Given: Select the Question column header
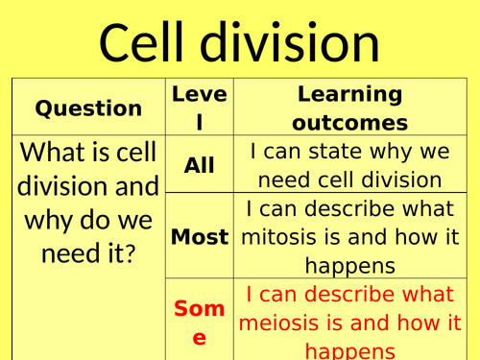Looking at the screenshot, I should click(88, 108).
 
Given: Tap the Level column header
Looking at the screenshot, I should click(199, 108).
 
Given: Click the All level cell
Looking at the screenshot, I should click(199, 164).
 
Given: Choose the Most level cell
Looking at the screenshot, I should click(199, 236).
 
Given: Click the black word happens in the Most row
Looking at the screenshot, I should click(348, 265).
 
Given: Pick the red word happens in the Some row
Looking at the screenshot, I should click(348, 349).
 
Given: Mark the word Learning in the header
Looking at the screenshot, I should click(349, 94).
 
